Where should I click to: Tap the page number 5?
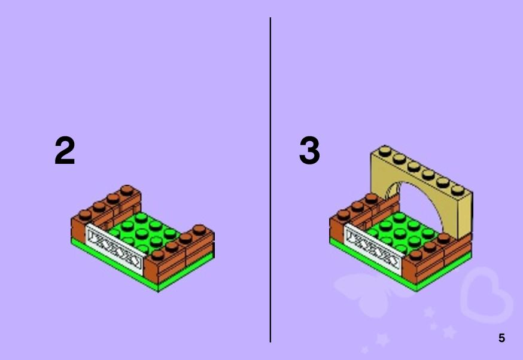coord(501,338)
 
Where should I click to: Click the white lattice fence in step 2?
coord(115,248)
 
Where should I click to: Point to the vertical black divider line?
coord(270,180)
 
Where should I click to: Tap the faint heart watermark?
coord(486,295)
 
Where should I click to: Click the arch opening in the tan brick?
coord(419,208)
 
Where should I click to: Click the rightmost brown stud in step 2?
coord(199,229)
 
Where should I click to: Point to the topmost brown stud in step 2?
coord(127,190)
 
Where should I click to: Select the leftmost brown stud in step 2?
coord(85,214)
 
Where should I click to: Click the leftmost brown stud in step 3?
coord(343,214)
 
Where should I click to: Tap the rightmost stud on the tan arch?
coord(457,190)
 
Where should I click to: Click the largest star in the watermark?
coord(449,332)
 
